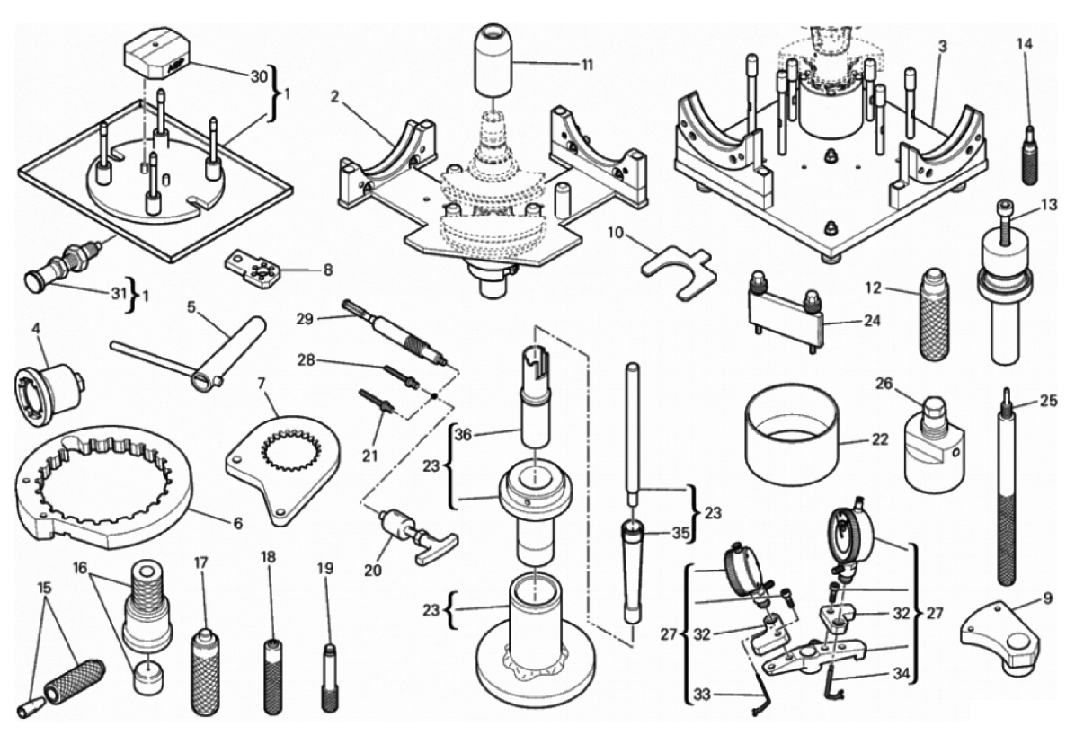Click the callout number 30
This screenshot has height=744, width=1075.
point(259,76)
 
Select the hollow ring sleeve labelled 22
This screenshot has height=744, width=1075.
point(791,440)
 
